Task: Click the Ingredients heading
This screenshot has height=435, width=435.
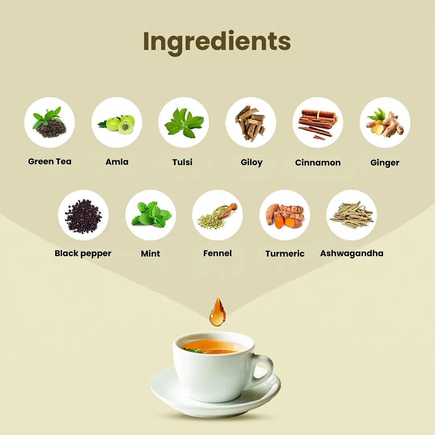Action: (217, 41)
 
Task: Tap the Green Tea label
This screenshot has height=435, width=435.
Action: (50, 162)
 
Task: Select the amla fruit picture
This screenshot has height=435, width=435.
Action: (117, 124)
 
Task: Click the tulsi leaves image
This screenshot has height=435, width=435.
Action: (184, 123)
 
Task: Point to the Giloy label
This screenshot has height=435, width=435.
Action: (252, 162)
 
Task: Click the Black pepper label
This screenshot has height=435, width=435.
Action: (83, 254)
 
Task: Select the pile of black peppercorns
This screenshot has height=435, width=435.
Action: (83, 215)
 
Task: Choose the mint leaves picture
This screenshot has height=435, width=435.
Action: (151, 214)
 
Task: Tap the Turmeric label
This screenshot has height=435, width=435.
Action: (285, 254)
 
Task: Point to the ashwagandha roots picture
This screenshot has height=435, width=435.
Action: (352, 215)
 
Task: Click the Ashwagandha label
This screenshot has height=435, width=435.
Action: (352, 253)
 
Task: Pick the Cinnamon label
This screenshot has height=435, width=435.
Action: (318, 163)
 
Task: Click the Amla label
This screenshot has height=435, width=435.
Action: (117, 162)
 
